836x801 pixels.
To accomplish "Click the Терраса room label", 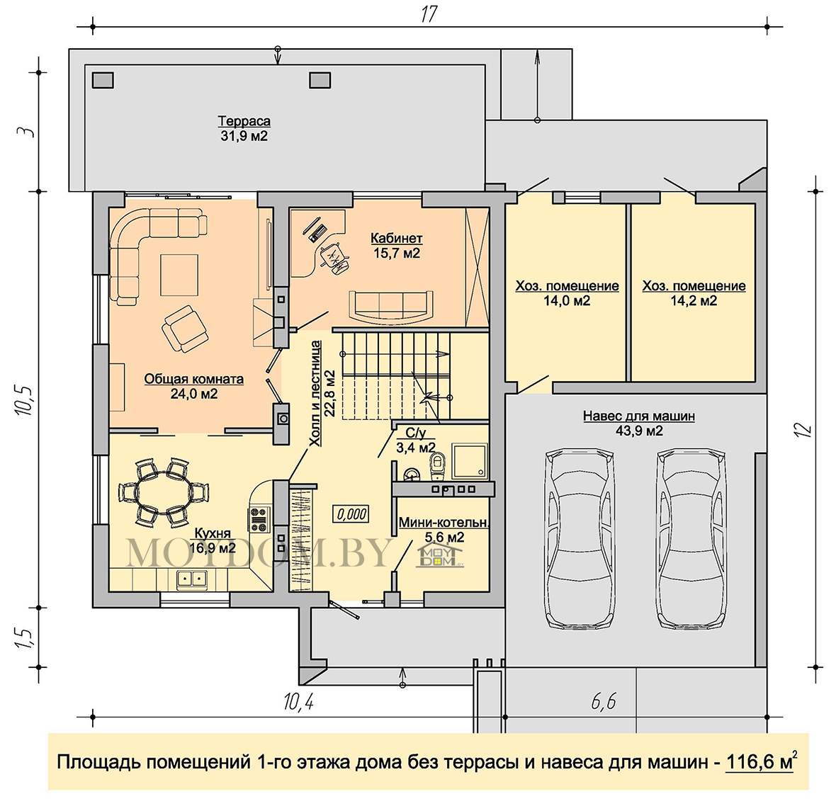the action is tap(244, 122).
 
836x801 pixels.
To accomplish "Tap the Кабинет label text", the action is tap(397, 238).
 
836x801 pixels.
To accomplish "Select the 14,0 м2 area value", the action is tap(567, 301).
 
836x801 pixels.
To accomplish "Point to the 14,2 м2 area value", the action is tap(694, 301).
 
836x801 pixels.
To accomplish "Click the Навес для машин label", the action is tap(639, 416).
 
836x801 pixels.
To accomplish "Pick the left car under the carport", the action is tap(580, 539).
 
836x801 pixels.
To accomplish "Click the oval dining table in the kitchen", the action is tap(163, 492).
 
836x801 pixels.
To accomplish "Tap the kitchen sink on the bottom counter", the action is tap(192, 579).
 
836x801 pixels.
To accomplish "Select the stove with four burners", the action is tap(259, 520).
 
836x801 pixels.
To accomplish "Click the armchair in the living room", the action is tap(185, 329).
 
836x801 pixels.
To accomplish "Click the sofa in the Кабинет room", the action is tap(391, 307).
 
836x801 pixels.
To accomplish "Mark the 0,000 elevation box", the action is tap(351, 514).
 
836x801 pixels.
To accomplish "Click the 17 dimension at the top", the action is tap(429, 14).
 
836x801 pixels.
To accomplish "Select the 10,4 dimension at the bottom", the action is tap(298, 701).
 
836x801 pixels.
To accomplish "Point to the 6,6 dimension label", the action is tap(604, 701).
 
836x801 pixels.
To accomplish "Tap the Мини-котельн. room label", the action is tap(444, 523).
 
